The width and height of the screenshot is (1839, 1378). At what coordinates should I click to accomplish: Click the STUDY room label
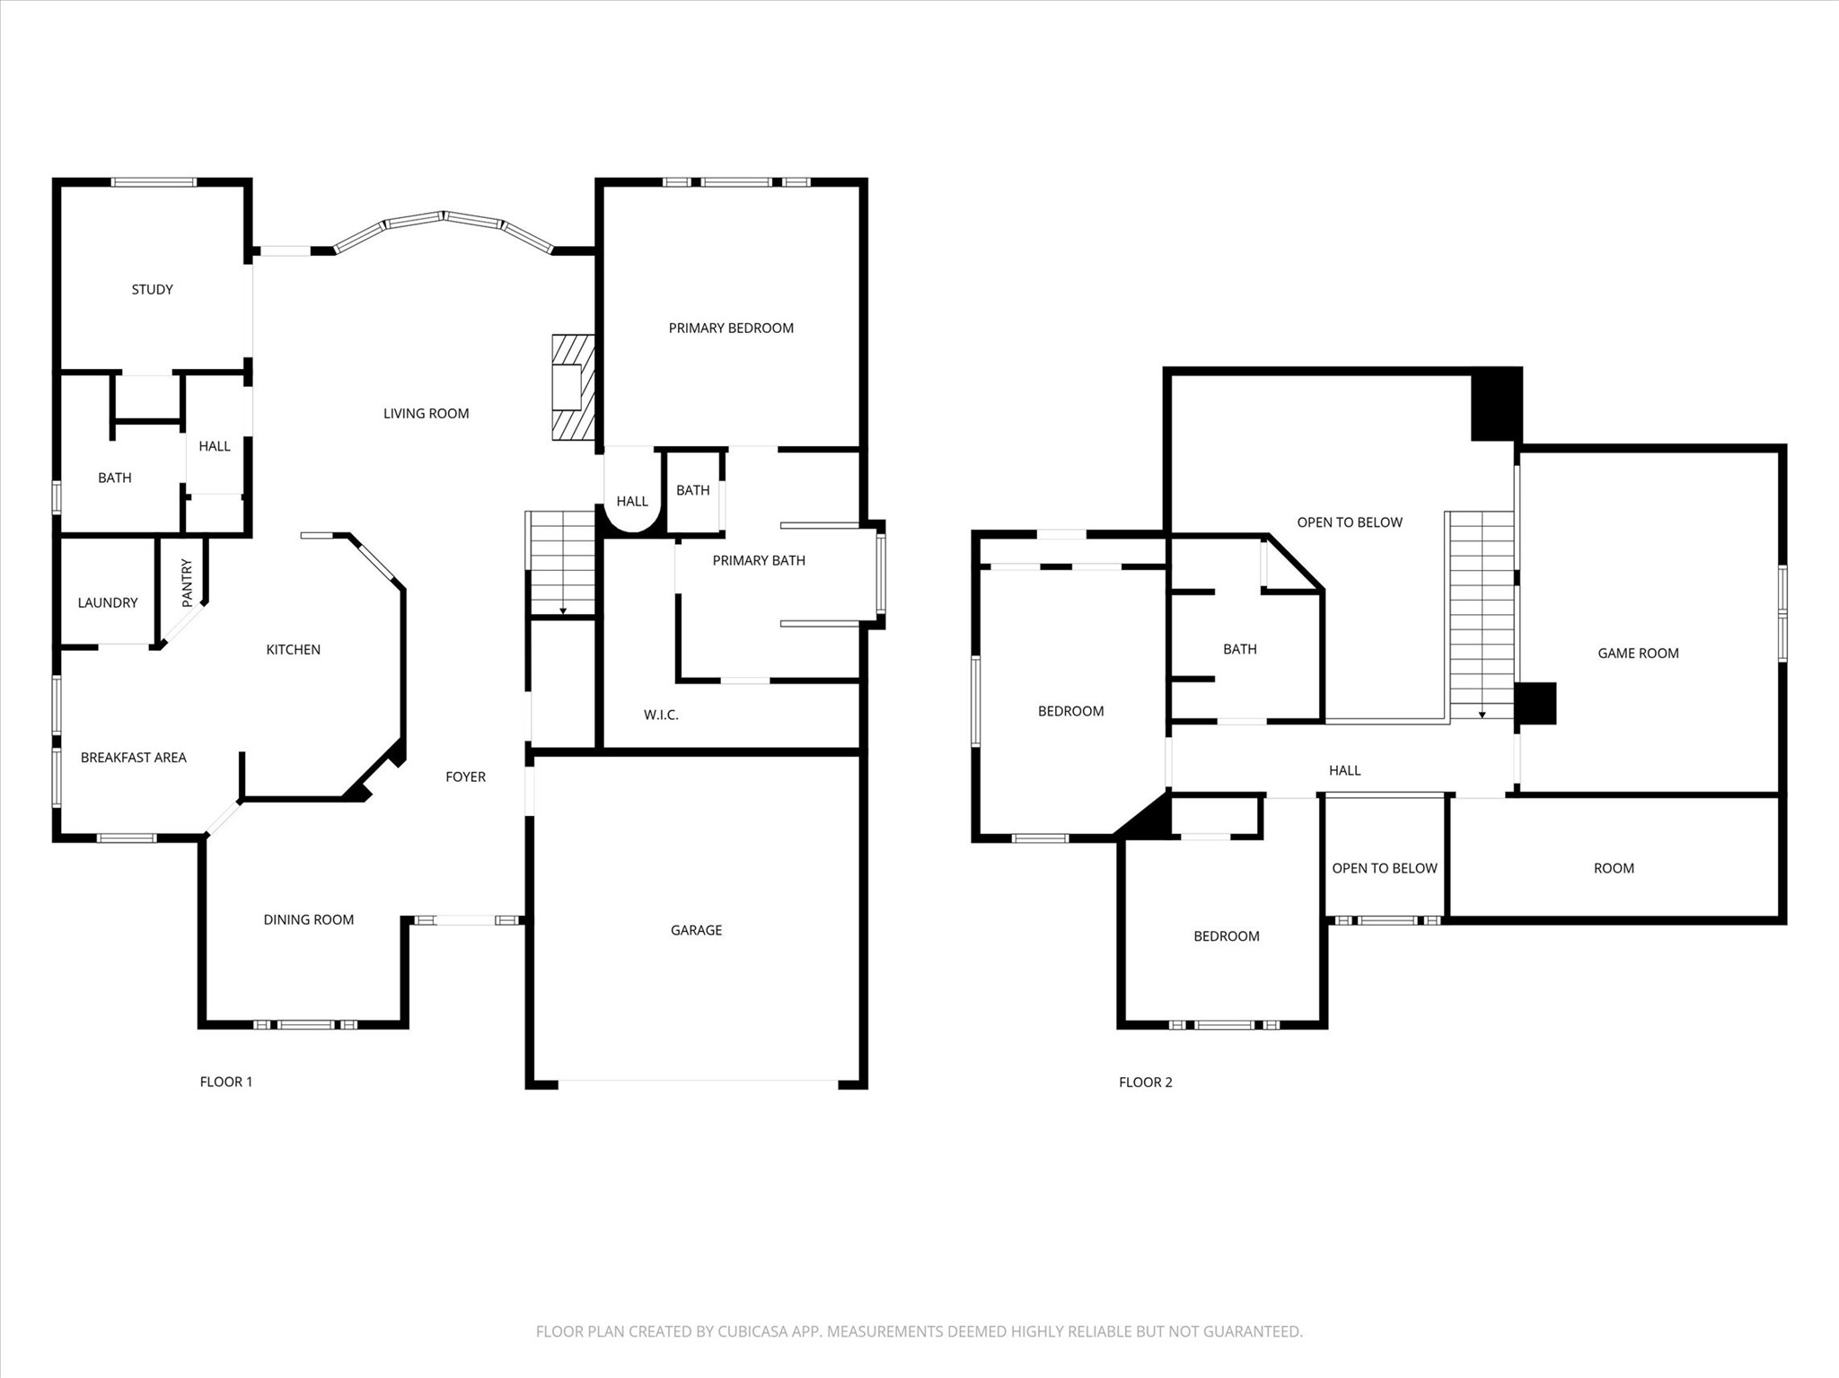pyautogui.click(x=152, y=289)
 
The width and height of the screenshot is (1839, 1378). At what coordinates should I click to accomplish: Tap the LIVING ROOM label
pyautogui.click(x=426, y=413)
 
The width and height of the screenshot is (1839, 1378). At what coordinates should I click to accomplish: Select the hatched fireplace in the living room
pyautogui.click(x=573, y=388)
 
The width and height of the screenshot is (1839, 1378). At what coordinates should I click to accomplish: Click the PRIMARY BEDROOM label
pyautogui.click(x=731, y=328)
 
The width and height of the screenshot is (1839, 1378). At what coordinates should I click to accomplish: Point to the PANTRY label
pyautogui.click(x=187, y=583)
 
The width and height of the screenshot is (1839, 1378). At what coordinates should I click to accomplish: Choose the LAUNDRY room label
pyautogui.click(x=108, y=602)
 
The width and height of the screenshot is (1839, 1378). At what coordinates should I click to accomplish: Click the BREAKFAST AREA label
pyautogui.click(x=133, y=757)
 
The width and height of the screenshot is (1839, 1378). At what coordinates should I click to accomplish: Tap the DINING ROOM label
pyautogui.click(x=308, y=919)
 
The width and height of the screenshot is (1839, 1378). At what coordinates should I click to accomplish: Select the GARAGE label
pyautogui.click(x=696, y=930)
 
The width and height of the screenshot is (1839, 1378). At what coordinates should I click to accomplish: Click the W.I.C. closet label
pyautogui.click(x=661, y=715)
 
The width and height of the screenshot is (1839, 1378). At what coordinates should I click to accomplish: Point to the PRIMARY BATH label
pyautogui.click(x=759, y=560)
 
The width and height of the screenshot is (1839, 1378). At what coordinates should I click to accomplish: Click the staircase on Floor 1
pyautogui.click(x=562, y=563)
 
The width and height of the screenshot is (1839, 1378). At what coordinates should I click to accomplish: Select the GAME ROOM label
pyautogui.click(x=1638, y=653)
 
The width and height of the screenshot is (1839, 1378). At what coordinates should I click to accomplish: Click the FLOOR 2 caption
pyautogui.click(x=1145, y=1082)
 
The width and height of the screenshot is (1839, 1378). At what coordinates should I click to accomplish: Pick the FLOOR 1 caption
pyautogui.click(x=225, y=1082)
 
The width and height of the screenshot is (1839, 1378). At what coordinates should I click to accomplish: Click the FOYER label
pyautogui.click(x=465, y=777)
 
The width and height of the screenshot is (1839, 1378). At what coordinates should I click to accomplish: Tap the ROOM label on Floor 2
pyautogui.click(x=1614, y=868)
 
